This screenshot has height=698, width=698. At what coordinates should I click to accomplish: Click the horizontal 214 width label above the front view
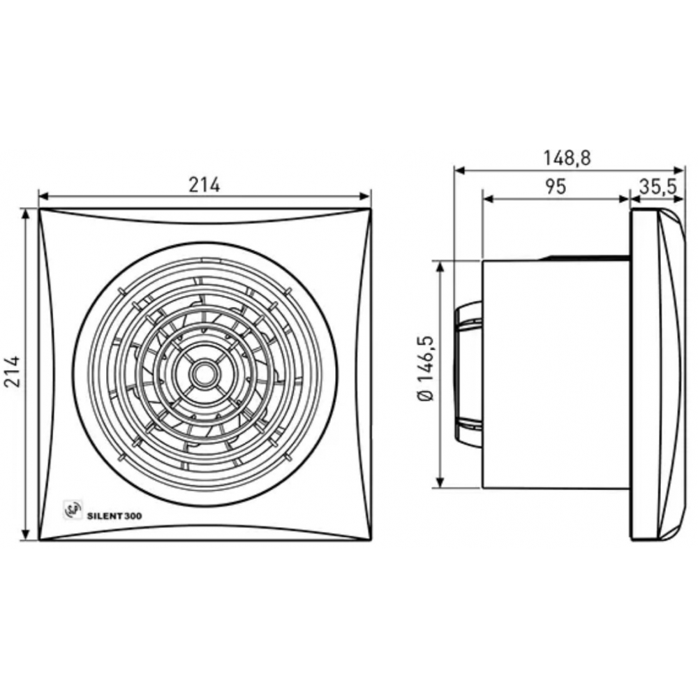pyautogui.click(x=205, y=185)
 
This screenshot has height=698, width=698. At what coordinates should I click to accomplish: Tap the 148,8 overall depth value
pyautogui.click(x=567, y=158)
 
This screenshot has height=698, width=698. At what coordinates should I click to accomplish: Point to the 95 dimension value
pyautogui.click(x=556, y=186)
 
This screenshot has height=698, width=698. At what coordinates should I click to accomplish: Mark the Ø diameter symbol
pyautogui.click(x=426, y=395)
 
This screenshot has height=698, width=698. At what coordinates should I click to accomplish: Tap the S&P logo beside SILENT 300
pyautogui.click(x=73, y=513)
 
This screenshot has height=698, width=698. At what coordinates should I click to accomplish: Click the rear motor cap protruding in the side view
pyautogui.click(x=468, y=374)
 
